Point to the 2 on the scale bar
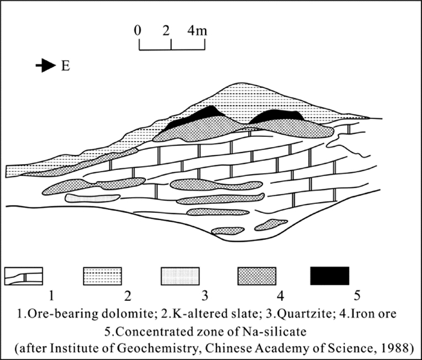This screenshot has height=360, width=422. pos(166,30)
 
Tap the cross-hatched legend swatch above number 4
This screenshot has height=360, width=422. pos(256,276)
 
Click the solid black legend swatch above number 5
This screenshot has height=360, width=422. pos(329,276)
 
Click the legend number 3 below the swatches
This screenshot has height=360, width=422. pos(206,296)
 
